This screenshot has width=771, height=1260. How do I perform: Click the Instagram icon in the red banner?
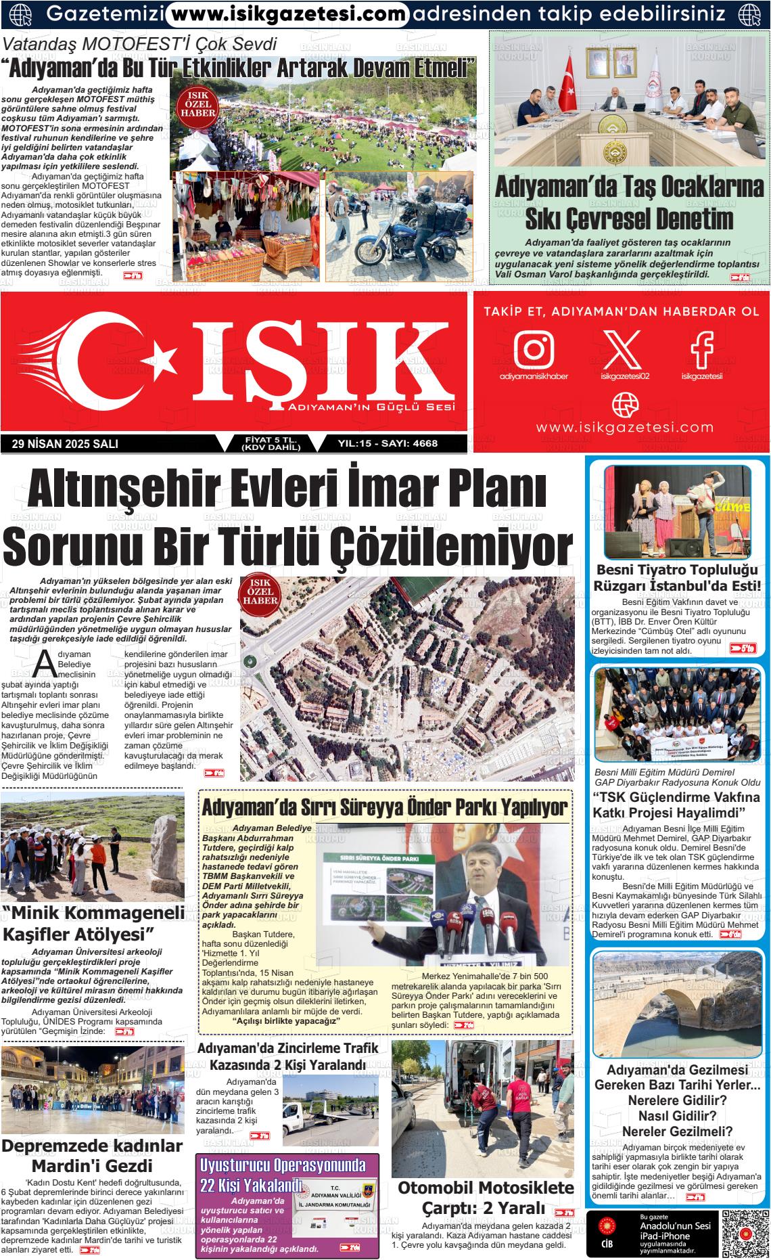point(534,347)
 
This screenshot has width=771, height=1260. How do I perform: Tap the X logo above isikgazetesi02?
point(623,347)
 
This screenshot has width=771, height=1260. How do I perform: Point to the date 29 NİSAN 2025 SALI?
point(65,444)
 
